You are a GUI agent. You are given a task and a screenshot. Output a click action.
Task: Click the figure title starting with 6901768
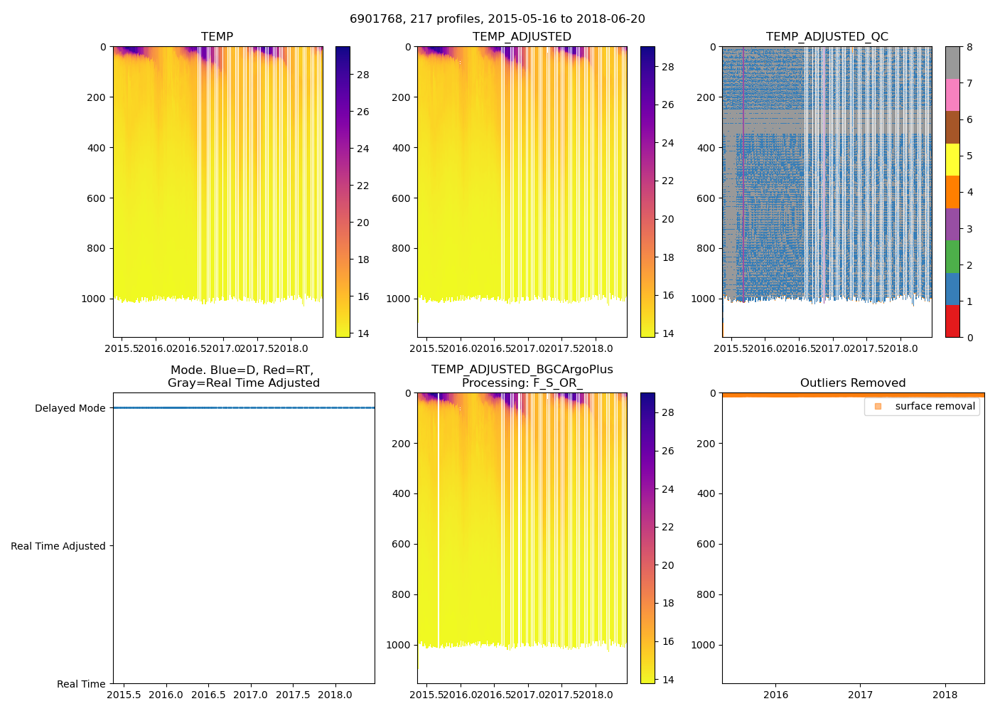click(497, 19)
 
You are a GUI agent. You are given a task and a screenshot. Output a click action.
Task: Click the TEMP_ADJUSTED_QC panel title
click(827, 37)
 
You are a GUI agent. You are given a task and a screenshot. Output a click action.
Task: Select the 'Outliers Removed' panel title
click(853, 383)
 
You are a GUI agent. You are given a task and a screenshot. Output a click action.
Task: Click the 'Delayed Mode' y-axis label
click(70, 408)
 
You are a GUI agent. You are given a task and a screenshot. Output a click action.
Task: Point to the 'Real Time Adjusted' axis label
click(58, 546)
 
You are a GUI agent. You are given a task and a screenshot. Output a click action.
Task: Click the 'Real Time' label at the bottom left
click(81, 684)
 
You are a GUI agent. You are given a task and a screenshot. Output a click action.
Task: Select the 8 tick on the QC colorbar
click(970, 47)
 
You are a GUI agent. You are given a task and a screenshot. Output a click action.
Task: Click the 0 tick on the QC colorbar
click(970, 338)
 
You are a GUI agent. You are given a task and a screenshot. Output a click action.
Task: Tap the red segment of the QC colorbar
click(952, 321)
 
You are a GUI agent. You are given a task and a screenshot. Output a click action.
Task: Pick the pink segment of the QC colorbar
click(952, 95)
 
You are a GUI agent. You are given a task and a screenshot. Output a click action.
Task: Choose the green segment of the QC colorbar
click(952, 257)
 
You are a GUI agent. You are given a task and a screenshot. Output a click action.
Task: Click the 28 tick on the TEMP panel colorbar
click(362, 75)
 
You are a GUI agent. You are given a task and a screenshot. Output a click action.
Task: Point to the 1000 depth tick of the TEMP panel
click(93, 299)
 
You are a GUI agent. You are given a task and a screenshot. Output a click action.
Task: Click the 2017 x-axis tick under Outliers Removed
click(860, 695)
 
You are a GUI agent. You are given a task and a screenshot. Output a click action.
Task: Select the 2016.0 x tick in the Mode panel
click(166, 695)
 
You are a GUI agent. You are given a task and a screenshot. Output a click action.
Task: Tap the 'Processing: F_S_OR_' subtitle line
click(522, 383)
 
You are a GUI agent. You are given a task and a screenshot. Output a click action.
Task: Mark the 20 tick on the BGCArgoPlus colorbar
click(668, 565)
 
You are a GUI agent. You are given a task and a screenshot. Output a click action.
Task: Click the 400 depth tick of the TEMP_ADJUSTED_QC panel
click(706, 148)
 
